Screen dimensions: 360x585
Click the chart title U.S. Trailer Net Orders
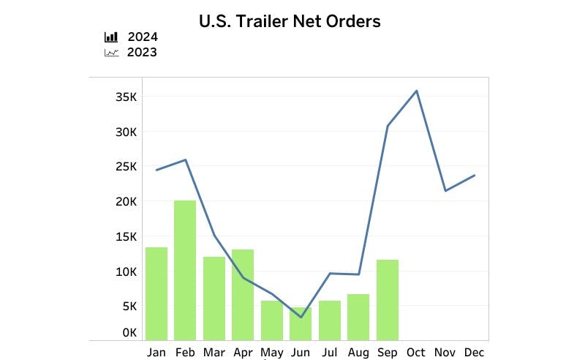pos(290,21)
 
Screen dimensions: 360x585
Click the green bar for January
pos(156,293)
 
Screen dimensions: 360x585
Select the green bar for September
pos(388,299)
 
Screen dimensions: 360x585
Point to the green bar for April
pos(243,294)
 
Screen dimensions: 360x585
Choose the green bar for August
pos(358,316)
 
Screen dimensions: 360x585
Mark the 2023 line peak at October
pos(416,91)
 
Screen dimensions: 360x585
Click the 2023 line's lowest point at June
pos(301,317)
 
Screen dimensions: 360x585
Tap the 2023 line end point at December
pos(474,175)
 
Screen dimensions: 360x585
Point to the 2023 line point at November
pos(445,191)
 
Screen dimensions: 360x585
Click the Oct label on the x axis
pos(416,352)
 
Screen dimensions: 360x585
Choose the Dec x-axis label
pos(474,352)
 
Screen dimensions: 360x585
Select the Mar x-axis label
pos(214,352)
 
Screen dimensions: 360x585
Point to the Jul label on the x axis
pos(329,352)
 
